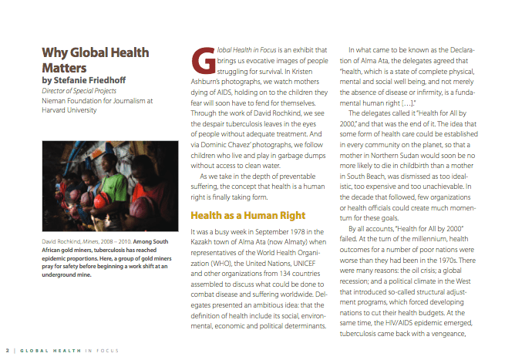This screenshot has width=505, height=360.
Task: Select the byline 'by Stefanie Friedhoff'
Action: (84, 79)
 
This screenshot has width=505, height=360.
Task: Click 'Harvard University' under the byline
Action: (69, 109)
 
